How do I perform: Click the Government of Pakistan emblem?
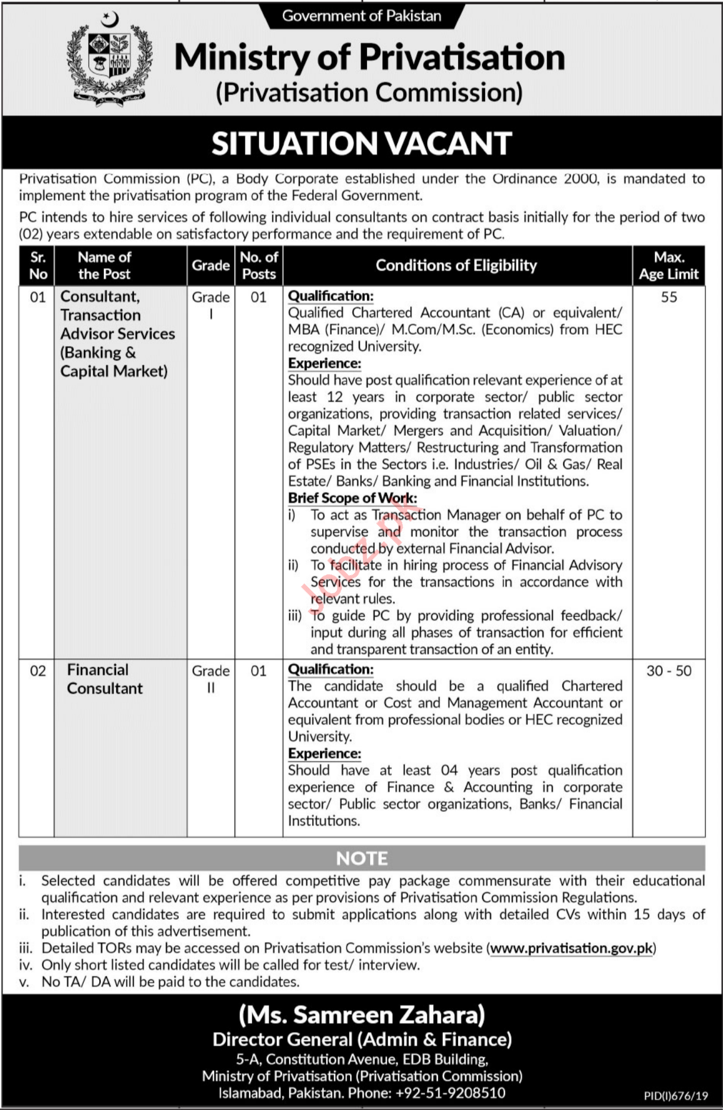110,58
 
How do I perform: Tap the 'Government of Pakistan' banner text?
362,16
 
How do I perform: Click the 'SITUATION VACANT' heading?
361,143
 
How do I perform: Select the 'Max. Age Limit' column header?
669,266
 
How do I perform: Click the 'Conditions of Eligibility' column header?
456,266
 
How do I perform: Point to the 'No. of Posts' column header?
259,266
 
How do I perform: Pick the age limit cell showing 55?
669,297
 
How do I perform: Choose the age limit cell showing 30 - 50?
669,671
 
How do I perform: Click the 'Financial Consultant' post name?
104,679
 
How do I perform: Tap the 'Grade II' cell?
211,679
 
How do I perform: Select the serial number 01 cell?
37,297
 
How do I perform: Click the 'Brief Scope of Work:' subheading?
352,498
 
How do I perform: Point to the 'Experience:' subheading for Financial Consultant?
325,753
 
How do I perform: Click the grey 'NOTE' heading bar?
362,858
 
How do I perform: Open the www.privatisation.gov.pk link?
572,948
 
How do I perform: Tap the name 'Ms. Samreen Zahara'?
362,1014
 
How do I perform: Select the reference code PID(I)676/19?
676,1096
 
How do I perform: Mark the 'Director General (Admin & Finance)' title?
362,1040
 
